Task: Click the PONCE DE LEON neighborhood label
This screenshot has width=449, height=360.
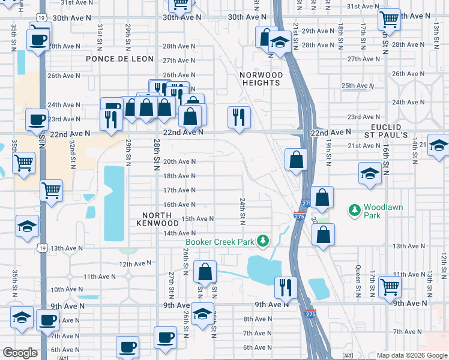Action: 119,59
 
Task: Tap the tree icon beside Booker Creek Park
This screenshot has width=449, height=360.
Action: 262,241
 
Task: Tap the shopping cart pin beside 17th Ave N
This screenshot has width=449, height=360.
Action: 51,191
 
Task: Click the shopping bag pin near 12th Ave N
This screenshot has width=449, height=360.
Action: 205,272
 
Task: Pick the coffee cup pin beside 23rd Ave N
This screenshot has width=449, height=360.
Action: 37,119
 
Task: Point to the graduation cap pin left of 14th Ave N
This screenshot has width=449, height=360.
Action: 27,227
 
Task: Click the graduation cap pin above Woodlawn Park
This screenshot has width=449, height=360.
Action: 369,173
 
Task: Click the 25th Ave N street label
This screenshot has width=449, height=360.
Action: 357,86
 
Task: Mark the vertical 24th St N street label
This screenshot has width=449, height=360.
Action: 243,211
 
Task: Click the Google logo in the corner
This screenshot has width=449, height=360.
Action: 20,353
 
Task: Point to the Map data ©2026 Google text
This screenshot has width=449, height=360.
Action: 412,355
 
